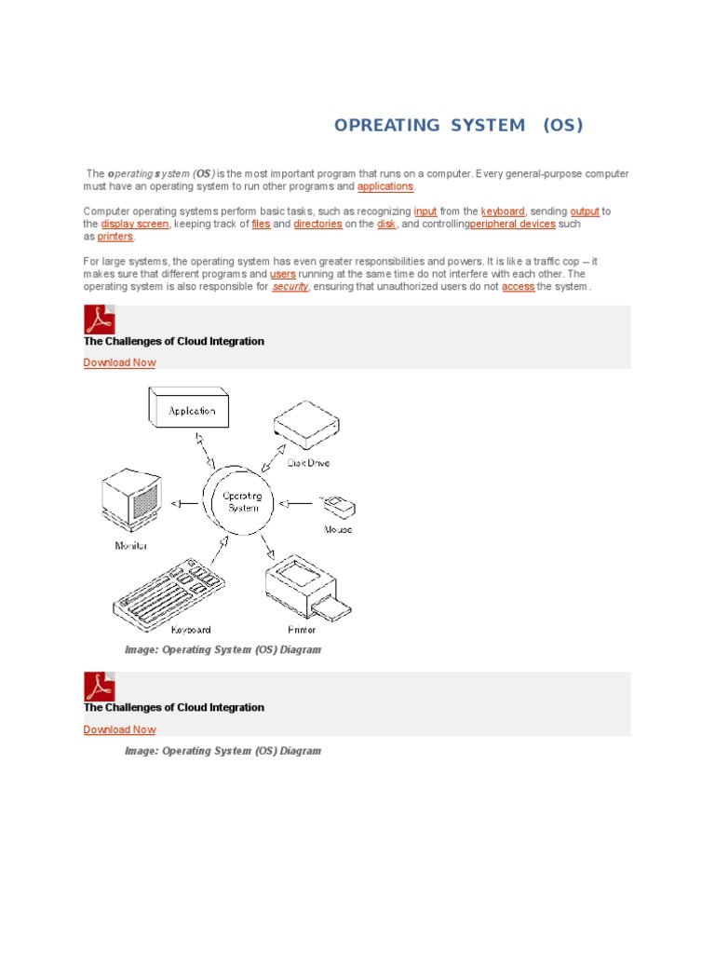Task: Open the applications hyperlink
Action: click(384, 186)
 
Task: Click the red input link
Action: click(425, 211)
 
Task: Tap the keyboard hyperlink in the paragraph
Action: click(503, 211)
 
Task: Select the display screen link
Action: click(135, 225)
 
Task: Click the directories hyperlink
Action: click(317, 225)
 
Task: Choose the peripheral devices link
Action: click(512, 225)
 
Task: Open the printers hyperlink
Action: click(115, 237)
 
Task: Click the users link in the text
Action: click(282, 275)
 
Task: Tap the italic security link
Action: click(290, 287)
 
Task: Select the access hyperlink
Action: click(518, 287)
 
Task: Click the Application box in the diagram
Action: click(190, 409)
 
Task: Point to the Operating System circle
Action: click(242, 502)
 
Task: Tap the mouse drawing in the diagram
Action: click(338, 506)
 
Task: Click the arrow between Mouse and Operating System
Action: click(297, 503)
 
